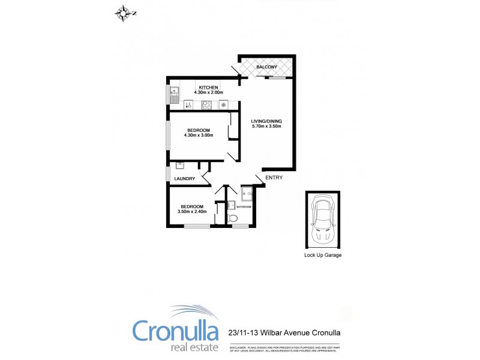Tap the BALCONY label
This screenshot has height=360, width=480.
[x=266, y=67]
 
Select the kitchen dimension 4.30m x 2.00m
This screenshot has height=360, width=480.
[x=209, y=93]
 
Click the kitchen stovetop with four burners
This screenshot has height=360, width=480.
[x=206, y=105]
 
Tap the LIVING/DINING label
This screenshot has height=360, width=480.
[x=266, y=121]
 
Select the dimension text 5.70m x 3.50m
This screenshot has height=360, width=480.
[x=266, y=127]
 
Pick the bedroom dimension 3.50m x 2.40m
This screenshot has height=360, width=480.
[x=192, y=212]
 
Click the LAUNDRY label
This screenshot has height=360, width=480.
[x=185, y=179]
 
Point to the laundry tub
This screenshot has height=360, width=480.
[x=179, y=166]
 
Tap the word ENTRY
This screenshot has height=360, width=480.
[x=274, y=178]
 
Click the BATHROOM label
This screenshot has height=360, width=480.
[x=244, y=207]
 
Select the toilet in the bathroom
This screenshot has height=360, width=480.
[x=233, y=217]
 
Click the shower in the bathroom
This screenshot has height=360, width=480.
[x=247, y=194]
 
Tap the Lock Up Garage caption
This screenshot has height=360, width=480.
[x=323, y=255]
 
